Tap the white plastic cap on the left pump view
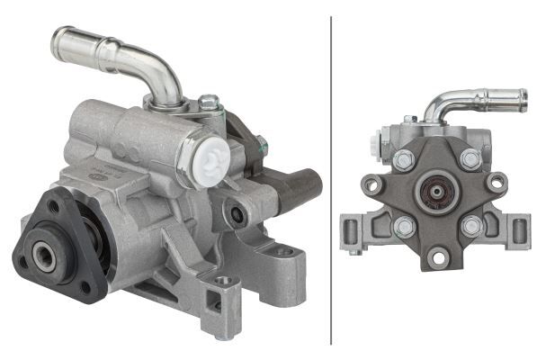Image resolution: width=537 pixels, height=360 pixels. click(205, 157)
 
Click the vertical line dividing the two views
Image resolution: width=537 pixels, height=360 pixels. click(331, 180)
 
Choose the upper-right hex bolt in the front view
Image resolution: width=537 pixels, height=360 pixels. click(470, 159)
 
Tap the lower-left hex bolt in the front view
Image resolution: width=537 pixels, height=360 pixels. click(403, 226)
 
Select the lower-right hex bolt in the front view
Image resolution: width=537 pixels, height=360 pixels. click(470, 226)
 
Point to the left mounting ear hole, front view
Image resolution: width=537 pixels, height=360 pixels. click(371, 185)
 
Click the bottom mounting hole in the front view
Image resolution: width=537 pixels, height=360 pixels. click(437, 257)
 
